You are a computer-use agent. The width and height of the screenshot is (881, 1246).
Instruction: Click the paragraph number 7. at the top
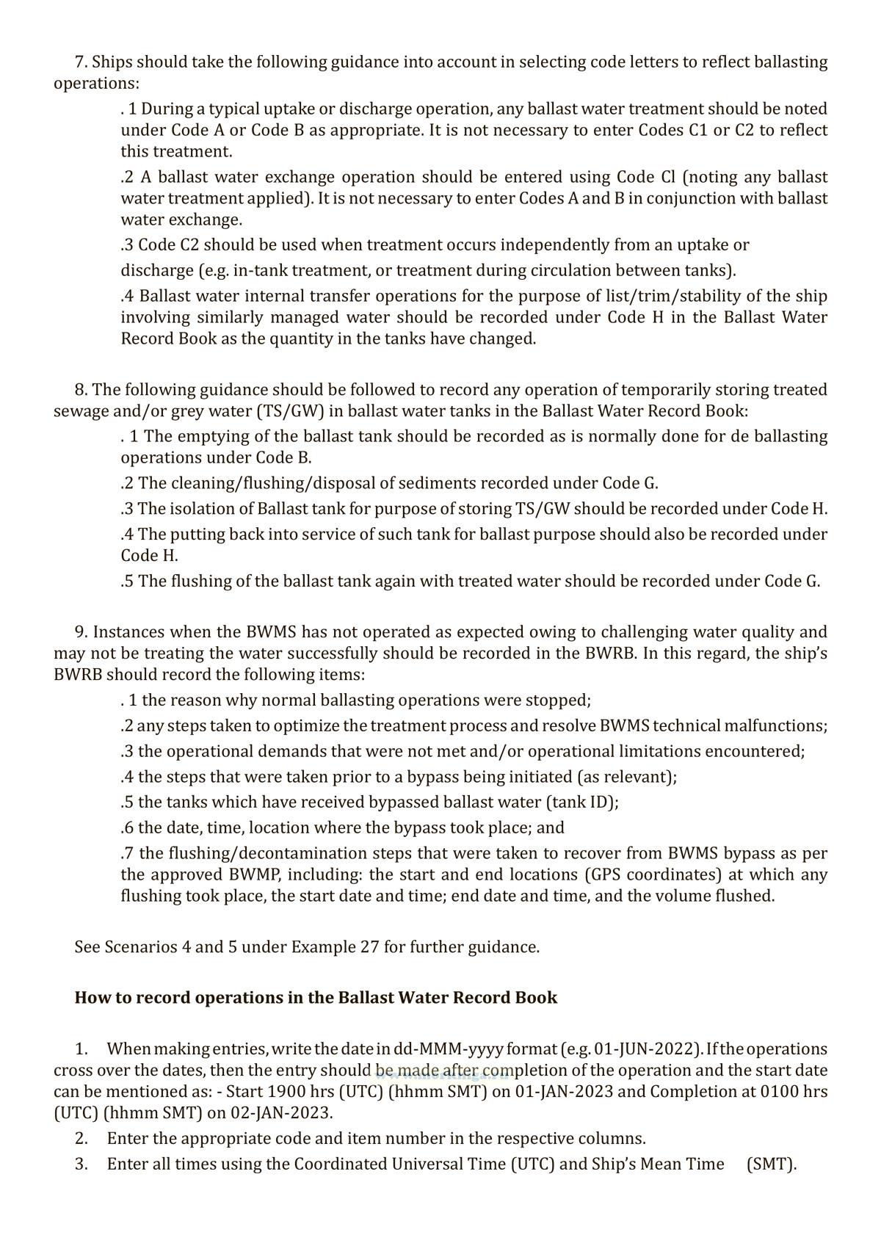click(x=81, y=62)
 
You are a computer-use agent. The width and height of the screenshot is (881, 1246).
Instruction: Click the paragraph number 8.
click(x=81, y=389)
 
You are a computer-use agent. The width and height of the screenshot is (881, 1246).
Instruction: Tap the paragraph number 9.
click(x=81, y=632)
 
